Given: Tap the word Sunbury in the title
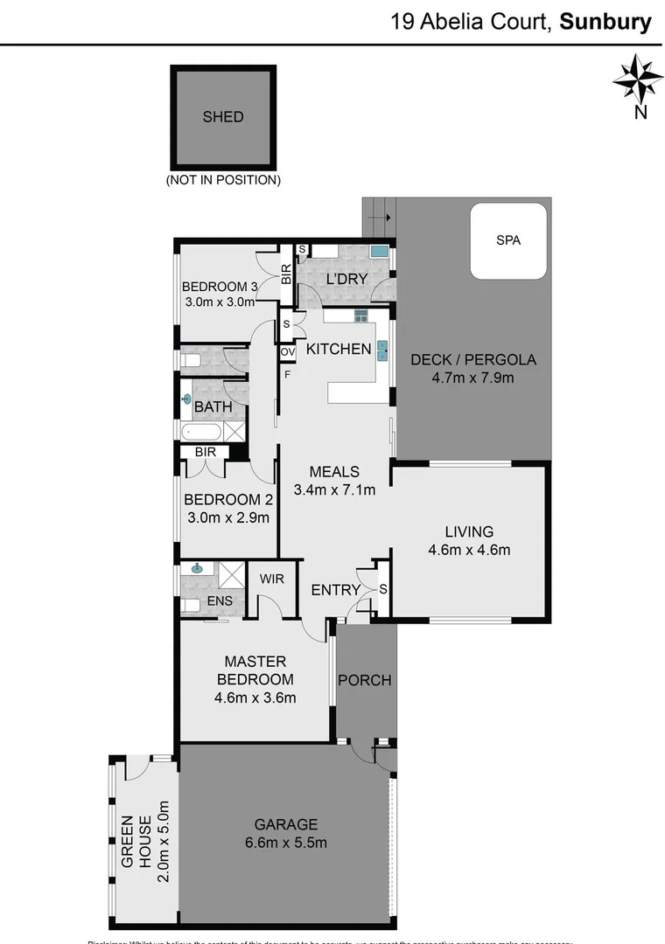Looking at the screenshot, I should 606,22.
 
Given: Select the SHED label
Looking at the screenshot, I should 223,116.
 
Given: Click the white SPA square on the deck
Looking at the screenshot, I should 508,240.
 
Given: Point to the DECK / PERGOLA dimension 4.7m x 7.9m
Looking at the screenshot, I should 473,378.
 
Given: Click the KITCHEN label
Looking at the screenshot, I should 339,349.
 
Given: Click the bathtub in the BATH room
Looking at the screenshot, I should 203,431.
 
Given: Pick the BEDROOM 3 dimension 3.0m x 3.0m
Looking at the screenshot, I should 219,303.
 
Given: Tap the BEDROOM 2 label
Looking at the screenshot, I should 227,500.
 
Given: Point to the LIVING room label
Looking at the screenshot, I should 469,531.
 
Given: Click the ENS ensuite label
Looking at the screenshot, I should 219,602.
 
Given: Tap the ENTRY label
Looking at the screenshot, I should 335,590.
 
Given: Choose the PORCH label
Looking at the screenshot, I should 365,680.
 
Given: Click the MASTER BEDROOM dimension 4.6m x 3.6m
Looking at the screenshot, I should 255,698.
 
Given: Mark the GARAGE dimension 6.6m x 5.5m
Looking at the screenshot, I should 285,843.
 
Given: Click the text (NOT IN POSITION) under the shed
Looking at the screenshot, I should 223,180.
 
